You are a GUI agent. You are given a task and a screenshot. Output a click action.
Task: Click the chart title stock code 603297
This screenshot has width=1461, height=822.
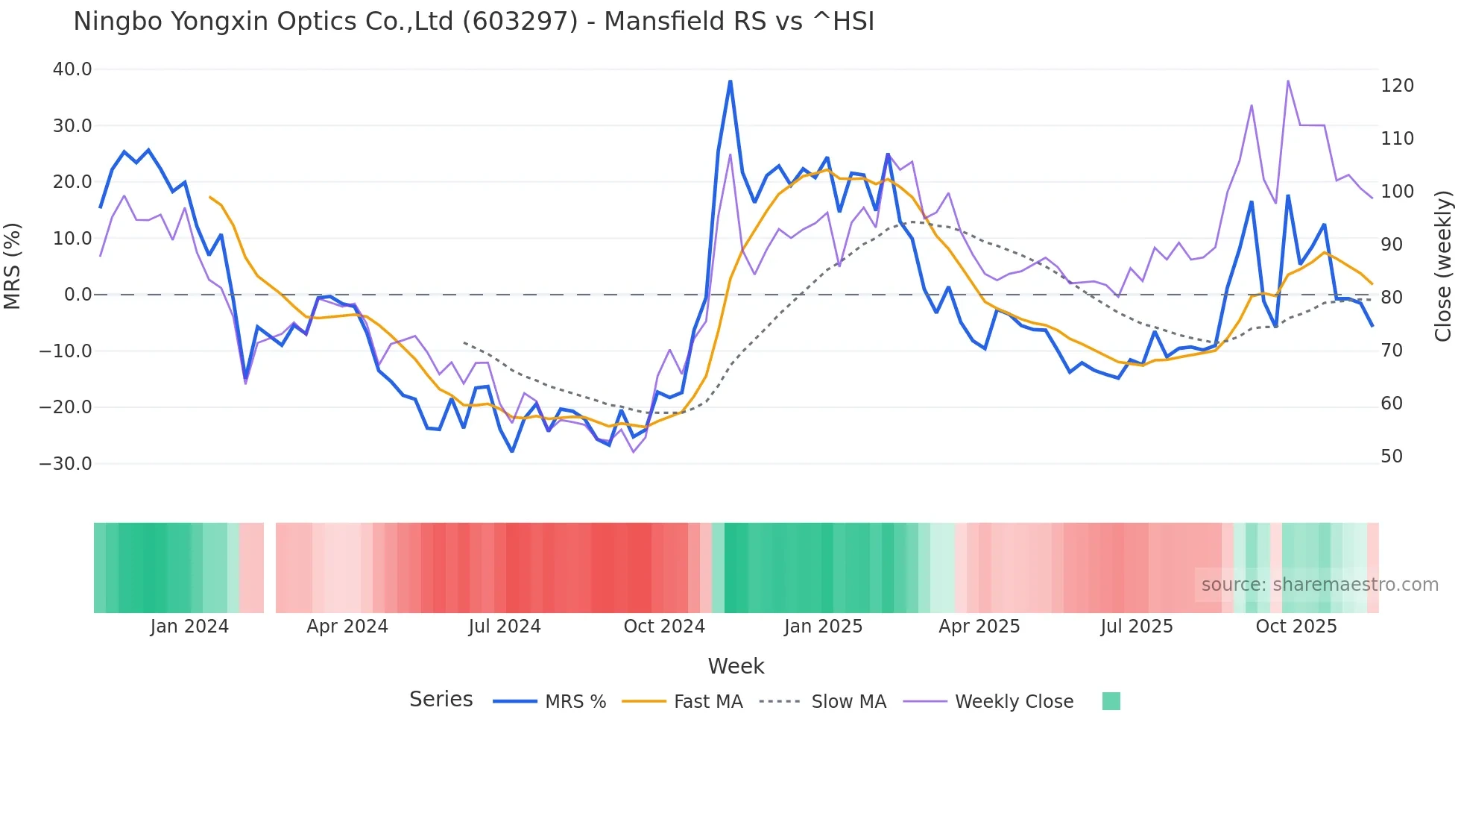tap(520, 22)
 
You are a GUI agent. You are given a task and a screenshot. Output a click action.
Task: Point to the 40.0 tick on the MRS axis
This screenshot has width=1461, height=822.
tap(72, 69)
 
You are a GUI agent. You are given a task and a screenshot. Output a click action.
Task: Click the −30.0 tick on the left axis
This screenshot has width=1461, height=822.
tap(66, 463)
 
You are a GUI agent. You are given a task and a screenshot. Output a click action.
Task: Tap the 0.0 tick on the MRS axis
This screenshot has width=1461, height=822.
tap(78, 295)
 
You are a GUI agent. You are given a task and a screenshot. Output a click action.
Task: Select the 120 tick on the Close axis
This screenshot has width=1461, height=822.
tap(1397, 86)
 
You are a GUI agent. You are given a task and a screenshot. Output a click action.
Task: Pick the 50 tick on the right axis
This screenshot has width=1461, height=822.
tap(1392, 457)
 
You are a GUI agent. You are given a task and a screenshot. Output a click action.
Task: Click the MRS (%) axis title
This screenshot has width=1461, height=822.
tap(13, 266)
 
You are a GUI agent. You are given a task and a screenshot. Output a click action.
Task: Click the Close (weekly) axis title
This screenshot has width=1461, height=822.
tap(1444, 266)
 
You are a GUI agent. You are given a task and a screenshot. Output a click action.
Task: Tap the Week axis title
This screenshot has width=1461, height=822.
tap(736, 666)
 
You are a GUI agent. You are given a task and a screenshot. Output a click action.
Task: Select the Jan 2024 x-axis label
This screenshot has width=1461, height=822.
tap(189, 627)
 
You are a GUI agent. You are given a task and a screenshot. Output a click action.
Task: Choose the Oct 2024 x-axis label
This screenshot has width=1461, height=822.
tap(664, 627)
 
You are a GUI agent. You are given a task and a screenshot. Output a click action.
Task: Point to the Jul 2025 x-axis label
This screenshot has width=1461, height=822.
tap(1137, 627)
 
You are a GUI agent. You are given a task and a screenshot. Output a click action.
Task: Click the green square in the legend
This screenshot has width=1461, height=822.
tap(1111, 701)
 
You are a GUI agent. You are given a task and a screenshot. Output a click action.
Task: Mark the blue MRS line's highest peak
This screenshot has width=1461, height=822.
tap(730, 81)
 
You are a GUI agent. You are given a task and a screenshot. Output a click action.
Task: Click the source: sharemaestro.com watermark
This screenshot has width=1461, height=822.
tap(1319, 585)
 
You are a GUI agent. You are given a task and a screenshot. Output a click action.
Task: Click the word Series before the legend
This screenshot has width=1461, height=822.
tap(441, 700)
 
